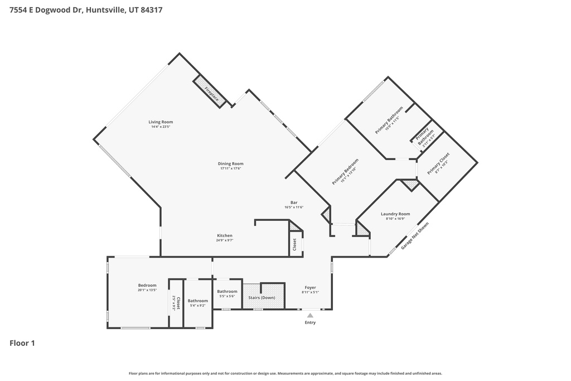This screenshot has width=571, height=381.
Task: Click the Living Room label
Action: click(x=161, y=122)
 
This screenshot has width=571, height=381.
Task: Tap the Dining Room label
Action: click(x=230, y=164)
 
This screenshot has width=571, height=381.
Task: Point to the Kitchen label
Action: click(x=225, y=235)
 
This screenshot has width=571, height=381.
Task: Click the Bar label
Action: click(x=293, y=202)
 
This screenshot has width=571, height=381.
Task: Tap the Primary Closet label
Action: click(x=438, y=163)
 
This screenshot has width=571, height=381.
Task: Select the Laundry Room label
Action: click(x=395, y=214)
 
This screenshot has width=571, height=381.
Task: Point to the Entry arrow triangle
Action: click(x=310, y=315)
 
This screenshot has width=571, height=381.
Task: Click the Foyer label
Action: click(x=310, y=287)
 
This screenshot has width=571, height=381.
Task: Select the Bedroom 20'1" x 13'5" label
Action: click(x=147, y=285)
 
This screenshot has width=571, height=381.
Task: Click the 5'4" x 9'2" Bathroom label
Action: click(x=198, y=301)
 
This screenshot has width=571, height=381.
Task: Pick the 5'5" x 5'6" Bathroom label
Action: click(x=227, y=291)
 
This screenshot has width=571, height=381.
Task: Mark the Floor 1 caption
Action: click(x=22, y=343)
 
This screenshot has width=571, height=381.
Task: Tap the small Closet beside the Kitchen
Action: click(x=294, y=244)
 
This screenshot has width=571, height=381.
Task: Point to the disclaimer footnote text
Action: click(x=285, y=373)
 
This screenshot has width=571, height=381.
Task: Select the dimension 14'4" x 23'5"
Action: click(x=161, y=127)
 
